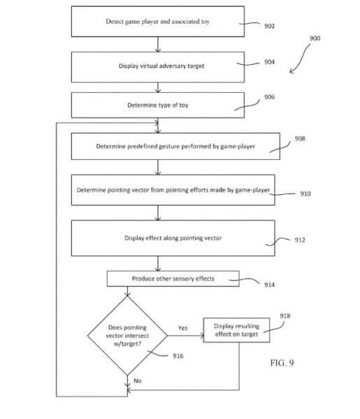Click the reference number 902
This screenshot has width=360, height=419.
click(x=269, y=26)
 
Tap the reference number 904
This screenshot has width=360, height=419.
click(x=269, y=62)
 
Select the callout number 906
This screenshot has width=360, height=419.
click(x=269, y=97)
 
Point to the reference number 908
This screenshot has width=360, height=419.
click(x=300, y=138)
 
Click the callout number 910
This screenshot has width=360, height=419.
click(x=305, y=193)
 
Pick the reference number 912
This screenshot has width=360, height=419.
click(x=300, y=240)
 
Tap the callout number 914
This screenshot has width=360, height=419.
click(x=269, y=285)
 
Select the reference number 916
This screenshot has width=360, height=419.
click(x=178, y=356)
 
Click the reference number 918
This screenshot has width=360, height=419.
click(x=285, y=316)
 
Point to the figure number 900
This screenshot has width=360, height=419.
click(x=315, y=38)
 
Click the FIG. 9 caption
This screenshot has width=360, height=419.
click(x=282, y=363)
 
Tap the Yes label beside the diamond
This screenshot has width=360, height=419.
click(x=183, y=328)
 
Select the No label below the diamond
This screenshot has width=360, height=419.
click(x=138, y=381)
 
